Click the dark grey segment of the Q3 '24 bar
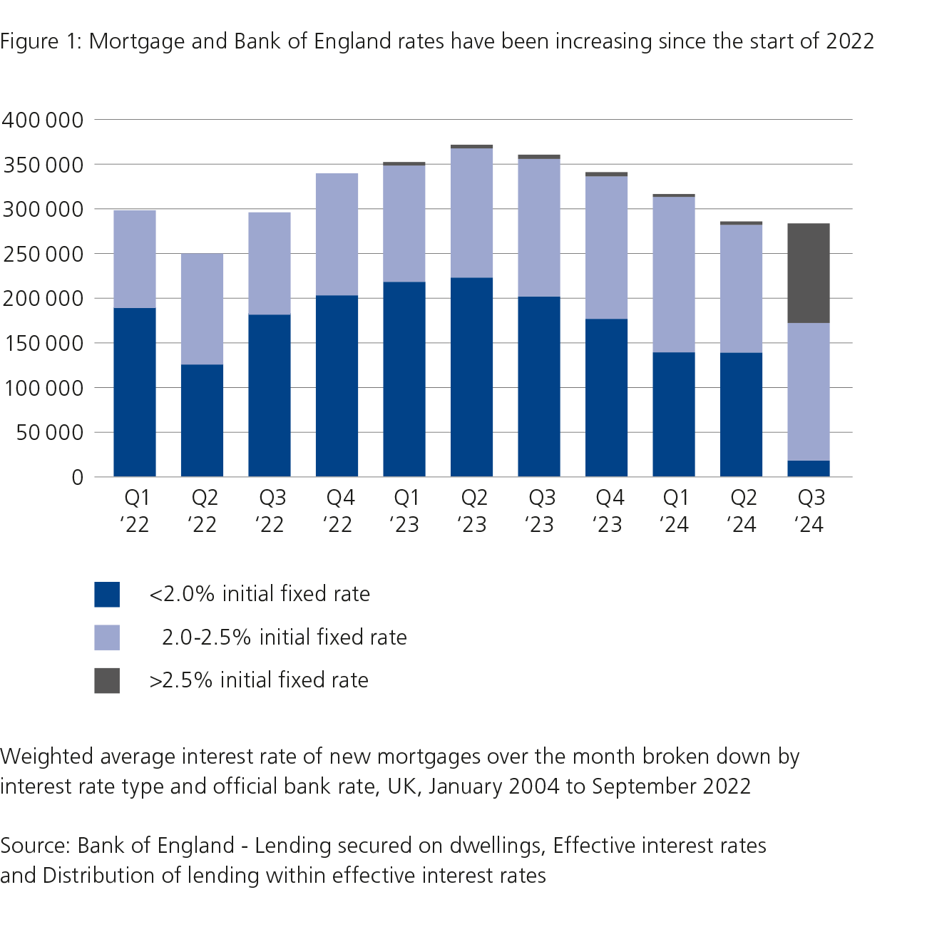tap(808, 273)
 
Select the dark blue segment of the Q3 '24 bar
tap(808, 468)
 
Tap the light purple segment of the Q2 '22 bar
tap(202, 309)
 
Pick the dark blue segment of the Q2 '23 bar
tap(471, 377)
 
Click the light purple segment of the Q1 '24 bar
tap(674, 275)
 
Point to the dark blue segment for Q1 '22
tap(135, 392)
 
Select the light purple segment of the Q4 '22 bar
tap(337, 234)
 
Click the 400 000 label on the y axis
tap(43, 120)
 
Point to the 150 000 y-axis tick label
tap(43, 343)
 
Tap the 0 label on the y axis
tap(77, 477)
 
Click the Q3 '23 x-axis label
tap(540, 511)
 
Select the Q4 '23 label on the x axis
tap(608, 511)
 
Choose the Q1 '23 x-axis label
tap(404, 511)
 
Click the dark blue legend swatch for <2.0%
tap(107, 594)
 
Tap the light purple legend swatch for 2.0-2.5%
tap(107, 637)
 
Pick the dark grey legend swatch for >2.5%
tap(107, 680)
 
